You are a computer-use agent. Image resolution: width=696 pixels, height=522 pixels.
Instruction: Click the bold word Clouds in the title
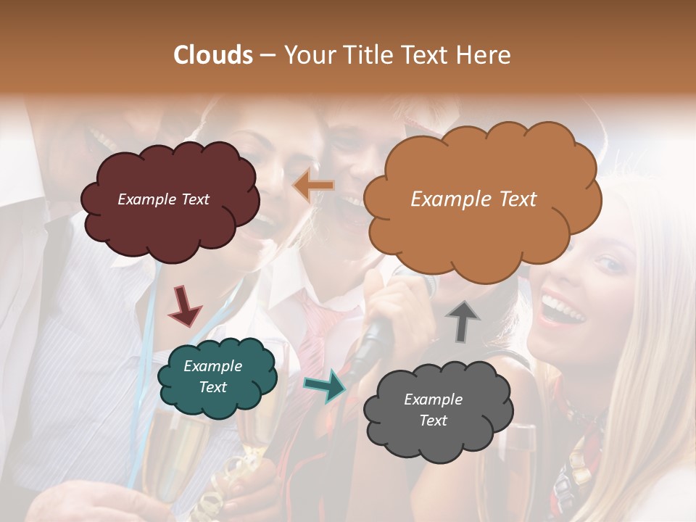(x=213, y=55)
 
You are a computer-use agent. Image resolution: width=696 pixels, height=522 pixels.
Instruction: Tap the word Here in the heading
(x=484, y=55)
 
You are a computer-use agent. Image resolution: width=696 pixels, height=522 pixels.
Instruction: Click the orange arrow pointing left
(x=313, y=186)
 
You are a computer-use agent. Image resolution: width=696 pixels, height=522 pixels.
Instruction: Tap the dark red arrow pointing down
(x=184, y=305)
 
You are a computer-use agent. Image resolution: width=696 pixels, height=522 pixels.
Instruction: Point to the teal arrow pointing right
(x=326, y=385)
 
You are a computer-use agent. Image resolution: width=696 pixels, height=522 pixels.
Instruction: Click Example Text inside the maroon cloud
(x=163, y=199)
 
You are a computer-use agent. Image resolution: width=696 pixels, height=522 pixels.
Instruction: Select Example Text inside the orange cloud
(x=473, y=199)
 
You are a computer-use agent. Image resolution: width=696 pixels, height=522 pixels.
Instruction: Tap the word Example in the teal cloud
(x=212, y=366)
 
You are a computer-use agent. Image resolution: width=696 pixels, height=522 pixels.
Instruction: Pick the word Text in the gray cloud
(x=433, y=420)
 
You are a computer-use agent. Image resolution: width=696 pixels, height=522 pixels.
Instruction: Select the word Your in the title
(x=307, y=55)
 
